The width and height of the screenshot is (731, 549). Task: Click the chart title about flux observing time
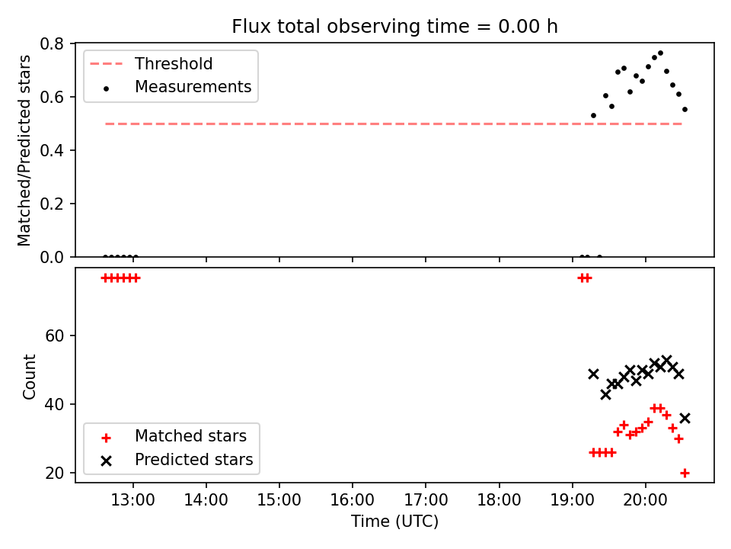(x=394, y=27)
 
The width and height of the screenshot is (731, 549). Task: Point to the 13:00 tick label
(x=132, y=500)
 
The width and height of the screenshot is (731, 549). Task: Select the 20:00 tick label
(x=645, y=500)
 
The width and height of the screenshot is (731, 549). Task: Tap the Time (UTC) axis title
(x=394, y=522)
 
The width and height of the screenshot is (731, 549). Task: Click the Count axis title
(x=30, y=376)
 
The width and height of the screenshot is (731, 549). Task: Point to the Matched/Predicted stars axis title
(x=24, y=150)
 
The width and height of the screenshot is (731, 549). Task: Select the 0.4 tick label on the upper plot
(x=52, y=150)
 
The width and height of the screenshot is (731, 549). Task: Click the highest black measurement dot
(x=660, y=53)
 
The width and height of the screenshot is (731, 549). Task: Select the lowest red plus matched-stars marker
(x=685, y=473)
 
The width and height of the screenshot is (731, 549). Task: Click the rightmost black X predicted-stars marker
(x=685, y=419)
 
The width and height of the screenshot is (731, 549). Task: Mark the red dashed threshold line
(x=394, y=124)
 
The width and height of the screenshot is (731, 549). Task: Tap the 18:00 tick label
(x=499, y=500)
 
